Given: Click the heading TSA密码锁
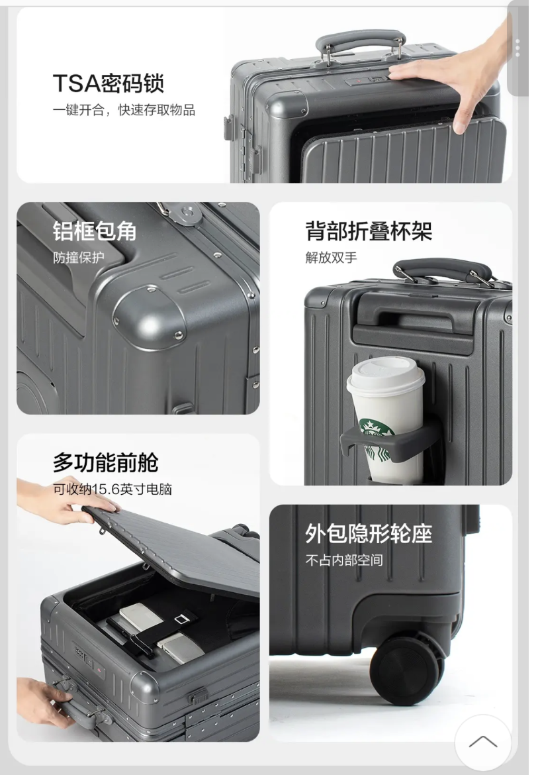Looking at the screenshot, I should click(x=108, y=84).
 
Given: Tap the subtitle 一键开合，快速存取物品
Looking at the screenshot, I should click(x=124, y=110).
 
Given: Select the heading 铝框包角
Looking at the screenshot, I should click(x=95, y=231).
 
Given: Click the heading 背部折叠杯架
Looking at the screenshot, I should click(x=369, y=231).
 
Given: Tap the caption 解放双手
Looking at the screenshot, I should click(x=331, y=258).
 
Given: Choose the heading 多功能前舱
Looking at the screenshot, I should click(x=105, y=462).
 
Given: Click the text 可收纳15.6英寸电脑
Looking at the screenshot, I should click(x=112, y=490).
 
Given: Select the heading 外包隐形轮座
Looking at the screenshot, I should click(x=369, y=533).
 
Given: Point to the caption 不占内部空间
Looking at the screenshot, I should click(x=344, y=560).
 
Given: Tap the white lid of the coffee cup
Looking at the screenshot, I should click(x=385, y=376).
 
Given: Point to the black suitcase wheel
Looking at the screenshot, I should click(x=405, y=669).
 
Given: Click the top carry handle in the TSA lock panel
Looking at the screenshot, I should click(x=361, y=42).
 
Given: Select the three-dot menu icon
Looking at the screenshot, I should click(x=517, y=48).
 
